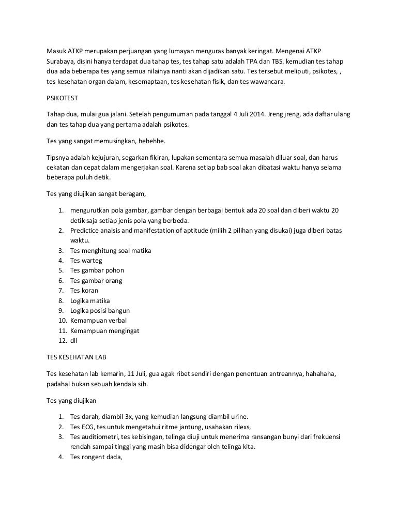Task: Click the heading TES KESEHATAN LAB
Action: click(77, 357)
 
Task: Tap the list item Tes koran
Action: click(84, 290)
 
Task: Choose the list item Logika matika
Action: click(90, 300)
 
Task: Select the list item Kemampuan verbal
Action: click(98, 321)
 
